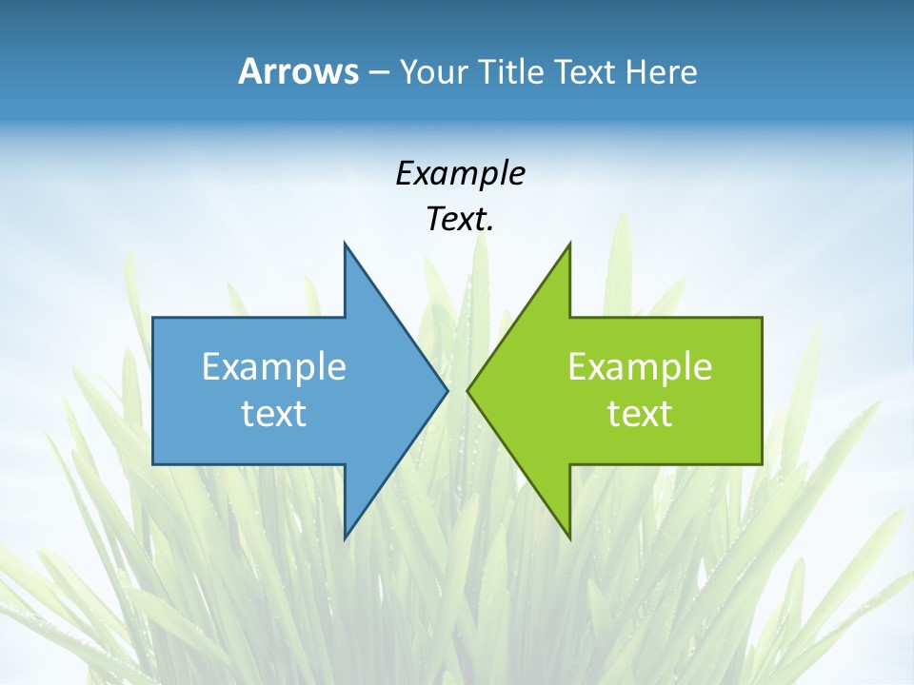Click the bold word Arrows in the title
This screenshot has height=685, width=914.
tap(298, 71)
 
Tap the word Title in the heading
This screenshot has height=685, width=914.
tap(514, 72)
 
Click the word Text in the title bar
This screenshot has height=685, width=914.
tap(586, 72)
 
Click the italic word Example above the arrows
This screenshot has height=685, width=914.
tap(460, 174)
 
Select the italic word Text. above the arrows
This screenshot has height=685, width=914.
tap(460, 220)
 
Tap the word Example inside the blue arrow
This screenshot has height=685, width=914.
tap(274, 367)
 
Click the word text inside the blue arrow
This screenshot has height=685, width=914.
tap(274, 414)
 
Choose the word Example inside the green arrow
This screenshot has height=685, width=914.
tap(640, 367)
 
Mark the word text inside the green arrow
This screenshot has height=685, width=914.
tap(640, 414)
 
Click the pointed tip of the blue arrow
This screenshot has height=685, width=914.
tap(447, 390)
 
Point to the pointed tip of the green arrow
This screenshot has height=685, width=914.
tap(467, 390)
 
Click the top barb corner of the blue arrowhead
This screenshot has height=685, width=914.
tap(345, 244)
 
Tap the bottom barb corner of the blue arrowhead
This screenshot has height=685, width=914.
tap(345, 538)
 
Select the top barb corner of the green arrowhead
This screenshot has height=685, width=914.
tap(569, 244)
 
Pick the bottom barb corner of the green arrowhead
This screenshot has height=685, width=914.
tap(569, 538)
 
